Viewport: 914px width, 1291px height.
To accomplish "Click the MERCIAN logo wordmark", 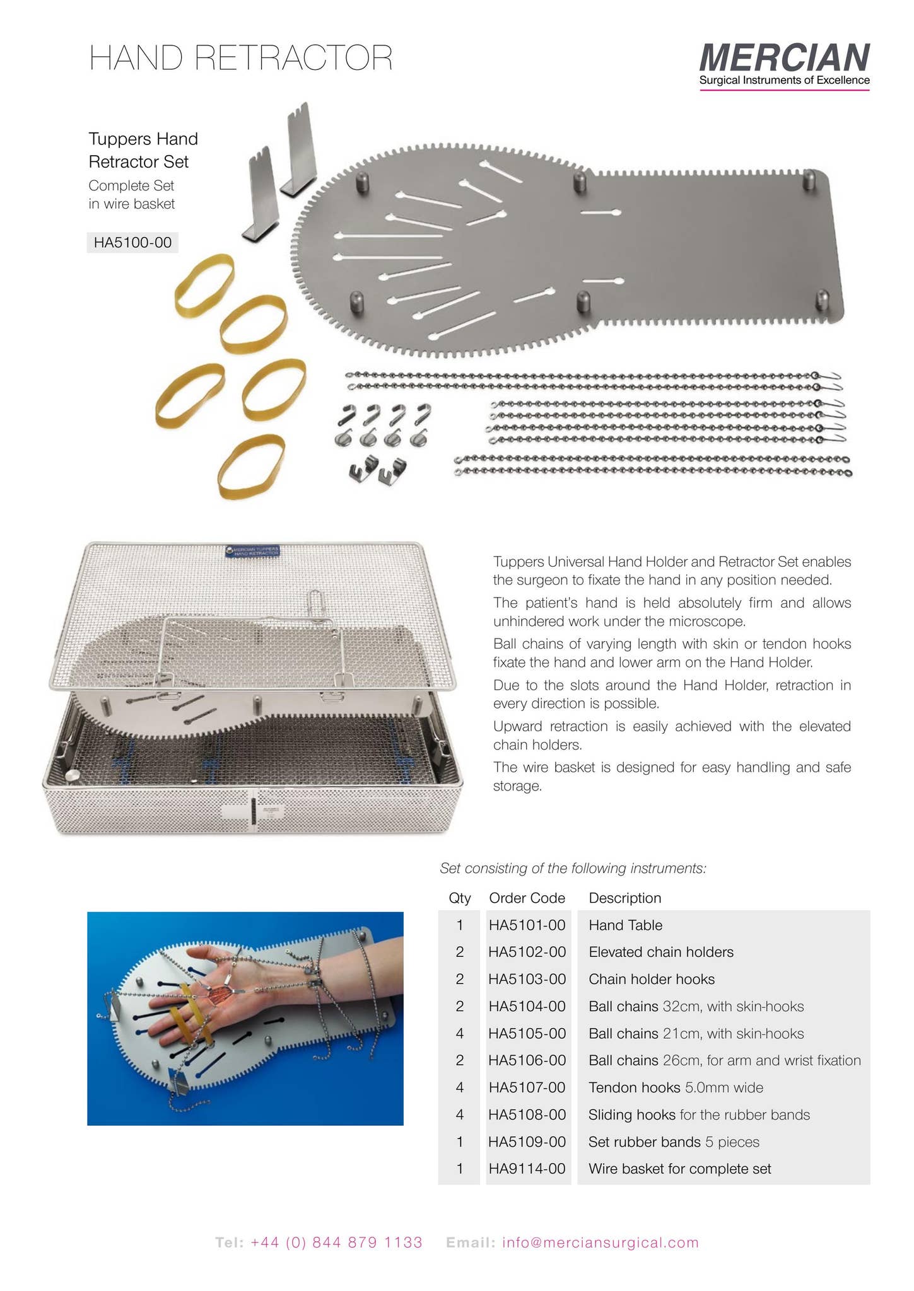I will [x=784, y=57].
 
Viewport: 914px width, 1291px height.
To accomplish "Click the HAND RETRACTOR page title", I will [x=241, y=58].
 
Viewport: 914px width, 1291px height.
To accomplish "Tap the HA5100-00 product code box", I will [x=132, y=243].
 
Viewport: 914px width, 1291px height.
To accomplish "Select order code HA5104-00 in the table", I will [x=527, y=1007].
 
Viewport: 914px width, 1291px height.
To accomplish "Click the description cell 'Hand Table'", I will [x=625, y=925].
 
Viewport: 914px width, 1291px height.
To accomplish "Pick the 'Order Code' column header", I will [x=527, y=898].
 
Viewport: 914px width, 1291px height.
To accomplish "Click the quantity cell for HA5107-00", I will [x=459, y=1088].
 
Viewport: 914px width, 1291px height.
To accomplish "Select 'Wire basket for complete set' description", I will [x=679, y=1169].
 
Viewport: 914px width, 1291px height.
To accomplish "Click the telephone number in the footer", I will [x=336, y=1243].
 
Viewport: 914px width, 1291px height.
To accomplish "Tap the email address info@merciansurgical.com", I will [x=600, y=1243].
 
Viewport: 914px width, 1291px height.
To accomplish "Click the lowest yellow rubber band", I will [x=251, y=466].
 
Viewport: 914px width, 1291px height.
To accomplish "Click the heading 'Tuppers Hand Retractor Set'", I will [x=143, y=150].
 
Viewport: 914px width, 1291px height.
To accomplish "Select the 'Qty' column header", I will [x=459, y=898].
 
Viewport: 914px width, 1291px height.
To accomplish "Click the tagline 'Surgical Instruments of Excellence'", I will [x=784, y=81].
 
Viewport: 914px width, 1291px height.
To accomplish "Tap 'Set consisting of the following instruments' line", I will [x=573, y=869].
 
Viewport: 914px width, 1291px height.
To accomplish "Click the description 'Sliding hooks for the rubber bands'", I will [x=698, y=1115].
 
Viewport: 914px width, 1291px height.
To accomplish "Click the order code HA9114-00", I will [x=527, y=1169].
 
